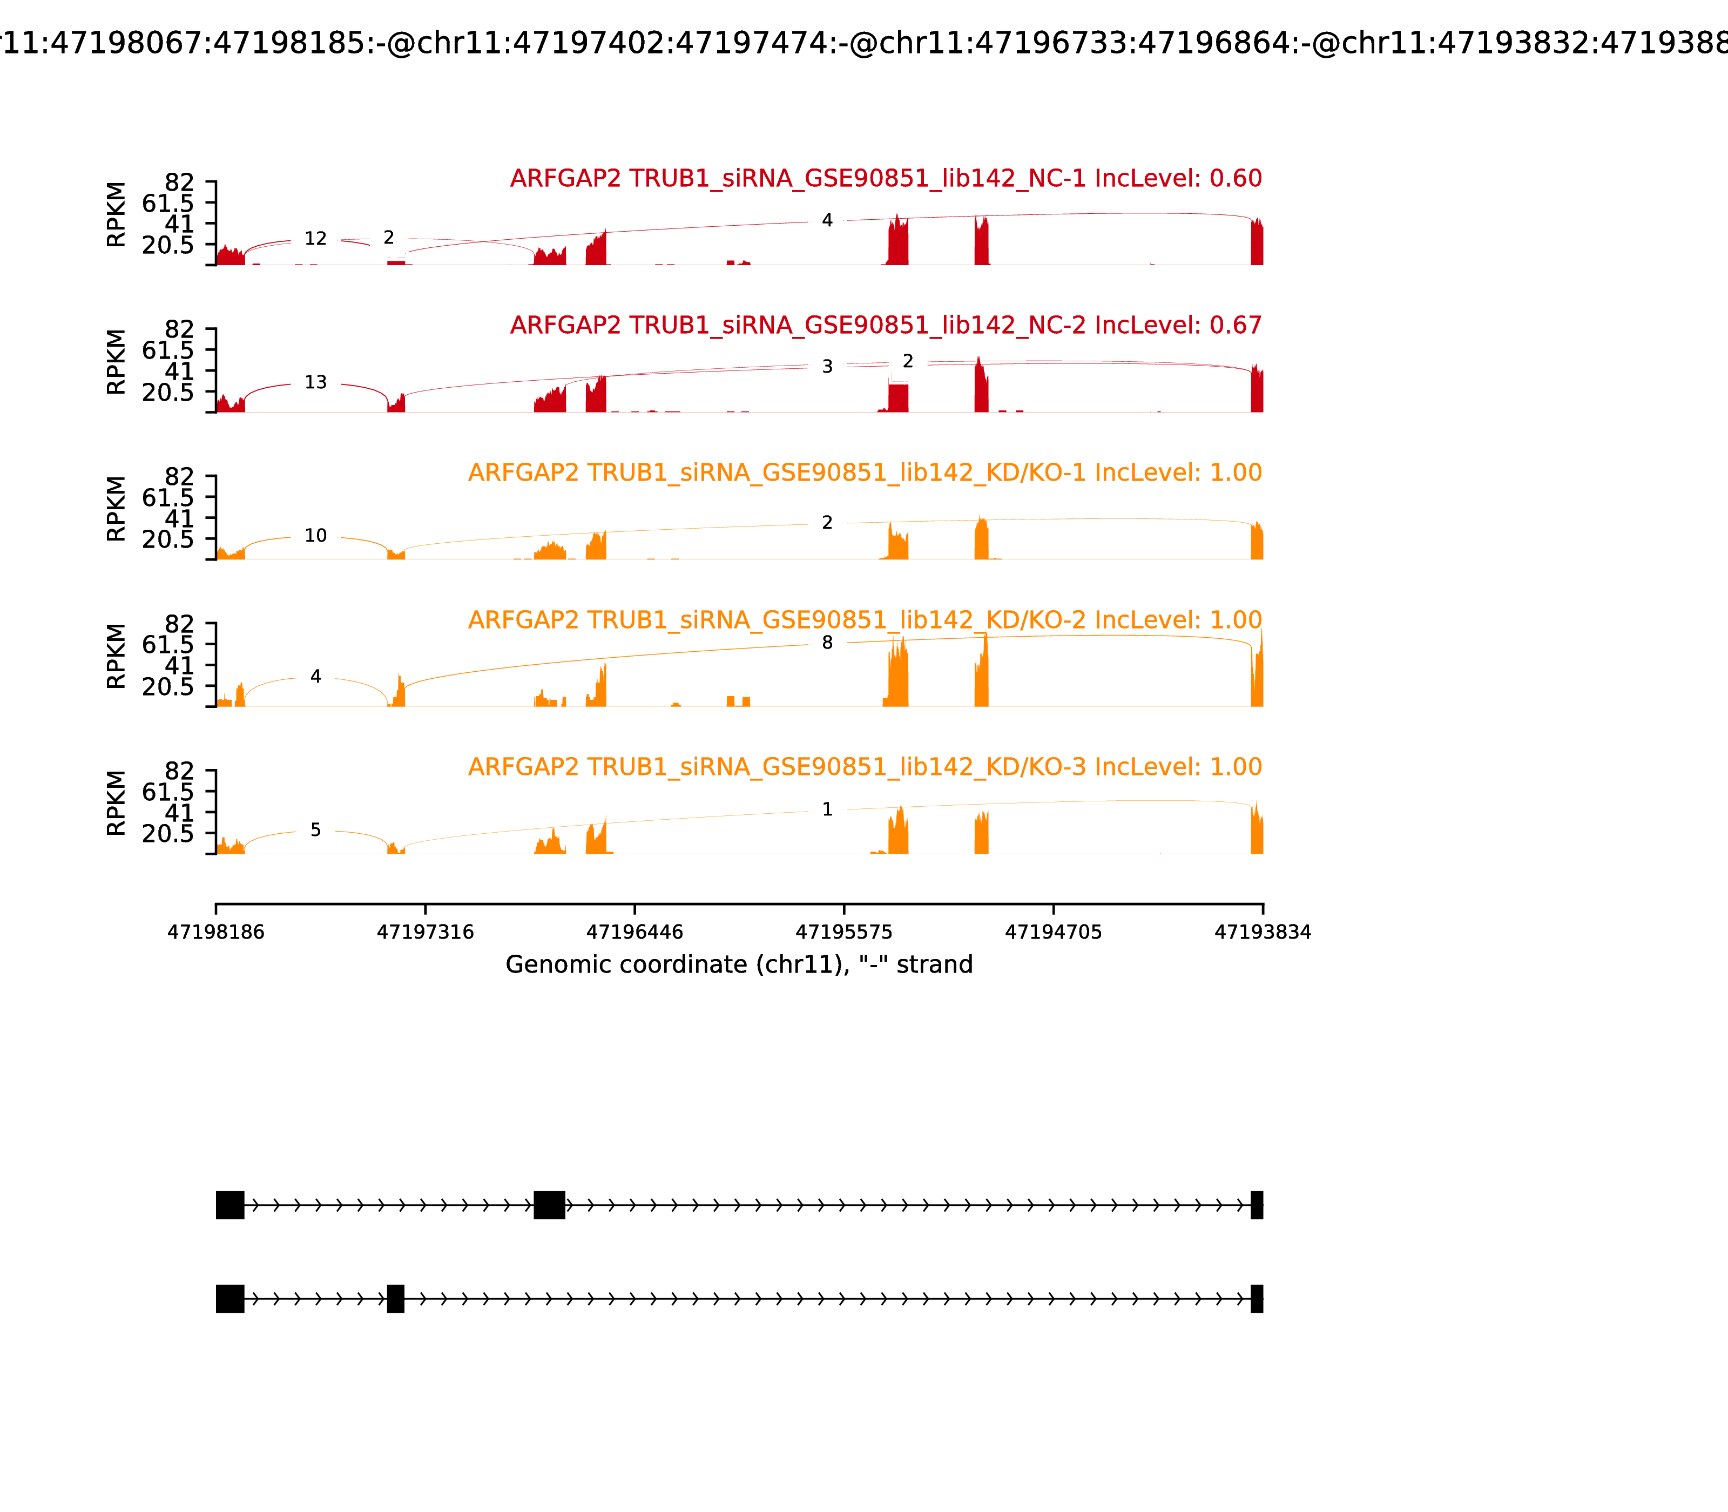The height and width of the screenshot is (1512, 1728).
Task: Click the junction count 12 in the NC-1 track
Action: click(x=315, y=239)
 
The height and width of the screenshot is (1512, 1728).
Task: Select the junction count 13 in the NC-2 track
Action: click(x=315, y=382)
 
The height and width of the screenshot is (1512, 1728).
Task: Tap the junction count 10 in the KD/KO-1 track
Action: click(x=315, y=536)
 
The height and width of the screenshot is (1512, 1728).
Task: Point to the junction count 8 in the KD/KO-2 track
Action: click(x=827, y=643)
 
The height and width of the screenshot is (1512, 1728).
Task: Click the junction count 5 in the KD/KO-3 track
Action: click(x=315, y=831)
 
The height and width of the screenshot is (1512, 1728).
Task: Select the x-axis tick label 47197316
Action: click(x=426, y=933)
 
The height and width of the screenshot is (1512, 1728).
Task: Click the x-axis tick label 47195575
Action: click(x=843, y=933)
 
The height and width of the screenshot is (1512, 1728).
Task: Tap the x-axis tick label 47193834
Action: click(x=1263, y=933)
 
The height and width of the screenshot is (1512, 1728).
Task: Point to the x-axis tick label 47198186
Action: click(x=216, y=933)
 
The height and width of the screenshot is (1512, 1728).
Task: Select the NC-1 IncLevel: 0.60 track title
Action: click(x=886, y=179)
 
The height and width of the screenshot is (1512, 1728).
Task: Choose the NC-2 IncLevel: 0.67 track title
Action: click(x=886, y=326)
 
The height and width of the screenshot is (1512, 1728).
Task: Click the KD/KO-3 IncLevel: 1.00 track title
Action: click(x=865, y=767)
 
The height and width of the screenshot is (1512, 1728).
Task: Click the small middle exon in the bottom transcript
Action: click(x=396, y=1299)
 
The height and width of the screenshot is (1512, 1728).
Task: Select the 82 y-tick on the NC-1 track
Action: click(x=179, y=183)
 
